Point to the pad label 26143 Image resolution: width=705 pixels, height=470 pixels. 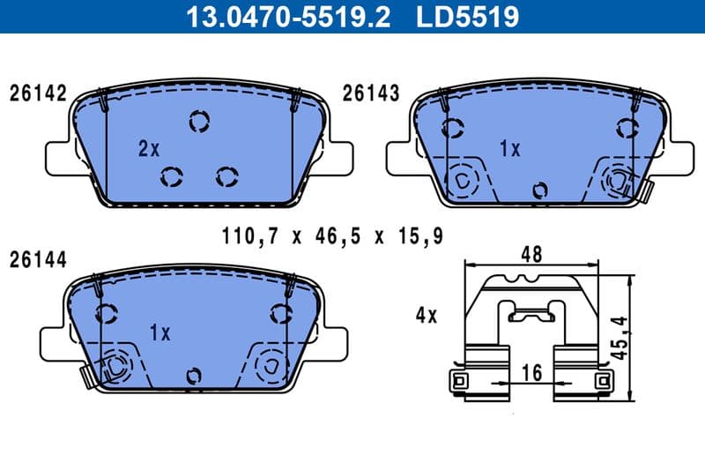[371, 93]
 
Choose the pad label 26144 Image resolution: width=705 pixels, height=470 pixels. [38, 259]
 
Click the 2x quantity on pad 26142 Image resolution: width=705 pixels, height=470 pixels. [148, 149]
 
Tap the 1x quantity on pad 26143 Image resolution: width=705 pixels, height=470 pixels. [509, 149]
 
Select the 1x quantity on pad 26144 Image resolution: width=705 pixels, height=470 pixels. [160, 332]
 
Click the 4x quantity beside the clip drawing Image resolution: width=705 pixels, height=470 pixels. [426, 315]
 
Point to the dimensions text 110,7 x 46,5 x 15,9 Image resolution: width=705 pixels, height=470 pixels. [330, 236]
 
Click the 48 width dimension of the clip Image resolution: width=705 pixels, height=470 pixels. [531, 254]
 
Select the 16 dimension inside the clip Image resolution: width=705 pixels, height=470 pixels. [532, 374]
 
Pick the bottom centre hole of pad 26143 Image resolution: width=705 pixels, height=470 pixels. [541, 190]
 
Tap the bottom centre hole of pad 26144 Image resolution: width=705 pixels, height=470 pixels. [194, 376]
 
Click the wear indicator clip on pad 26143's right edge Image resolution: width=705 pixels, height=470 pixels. [647, 190]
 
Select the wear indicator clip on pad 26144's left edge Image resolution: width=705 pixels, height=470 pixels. [86, 377]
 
